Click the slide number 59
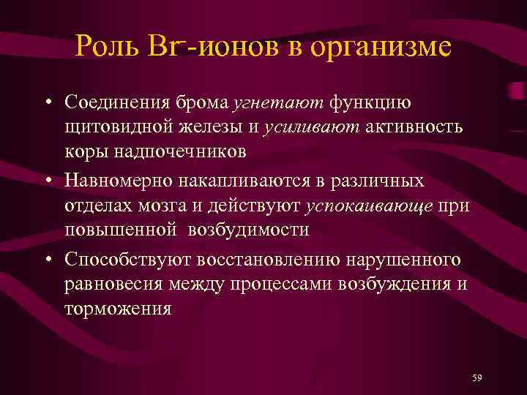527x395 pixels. point(477,377)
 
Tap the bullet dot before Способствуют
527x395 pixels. point(45,258)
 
